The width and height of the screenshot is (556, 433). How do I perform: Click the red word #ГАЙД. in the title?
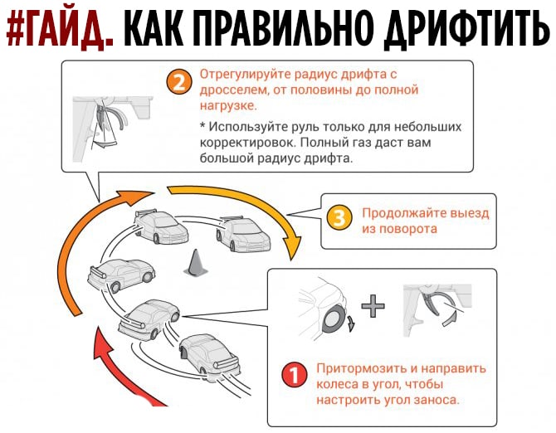click(x=60, y=29)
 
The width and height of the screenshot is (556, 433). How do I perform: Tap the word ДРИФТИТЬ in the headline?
click(x=467, y=29)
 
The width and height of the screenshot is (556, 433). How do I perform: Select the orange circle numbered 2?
click(x=179, y=82)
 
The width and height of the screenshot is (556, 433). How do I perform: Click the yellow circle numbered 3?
click(x=339, y=218)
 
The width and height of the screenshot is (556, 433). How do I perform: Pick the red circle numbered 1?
click(x=295, y=375)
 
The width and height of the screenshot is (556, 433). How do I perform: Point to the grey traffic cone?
click(x=195, y=263)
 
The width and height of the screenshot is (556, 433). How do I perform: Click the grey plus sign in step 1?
click(x=373, y=306)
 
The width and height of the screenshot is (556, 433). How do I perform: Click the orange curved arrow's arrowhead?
click(x=137, y=197)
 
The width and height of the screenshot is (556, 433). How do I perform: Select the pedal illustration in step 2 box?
click(x=113, y=129)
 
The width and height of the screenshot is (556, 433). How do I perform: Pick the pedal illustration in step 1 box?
click(x=437, y=309)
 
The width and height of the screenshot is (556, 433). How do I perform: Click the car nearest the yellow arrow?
click(x=243, y=233)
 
